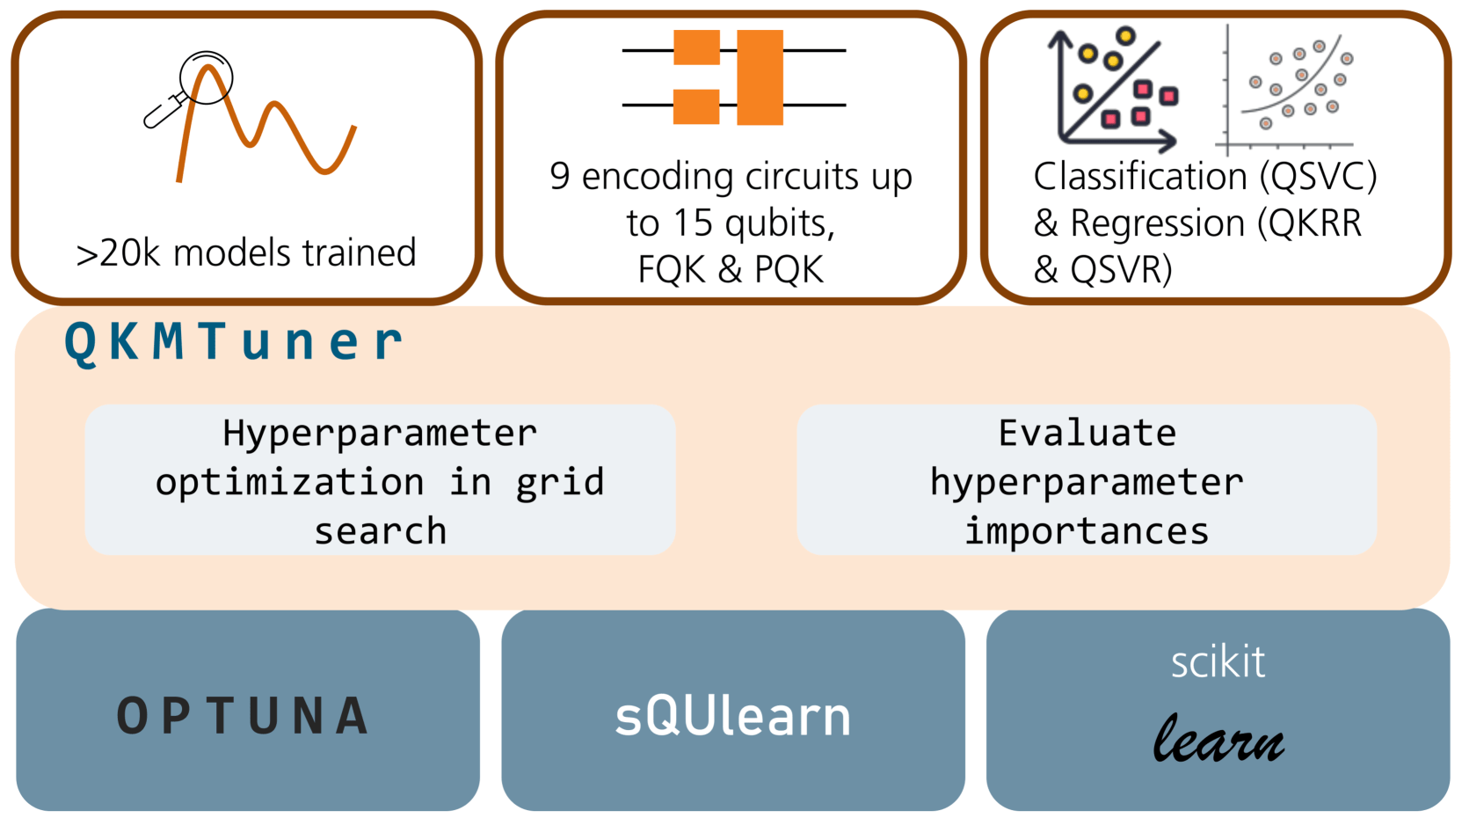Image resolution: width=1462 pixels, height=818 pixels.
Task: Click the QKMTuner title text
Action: (x=234, y=341)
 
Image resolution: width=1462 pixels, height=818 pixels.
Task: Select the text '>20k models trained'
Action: (x=246, y=253)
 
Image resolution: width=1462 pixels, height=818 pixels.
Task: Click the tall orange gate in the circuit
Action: (x=760, y=77)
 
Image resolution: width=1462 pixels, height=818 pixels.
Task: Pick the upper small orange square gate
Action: (x=696, y=47)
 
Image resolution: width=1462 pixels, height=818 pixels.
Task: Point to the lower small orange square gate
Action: (x=696, y=106)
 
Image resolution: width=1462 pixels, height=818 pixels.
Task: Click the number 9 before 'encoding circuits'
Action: (x=560, y=176)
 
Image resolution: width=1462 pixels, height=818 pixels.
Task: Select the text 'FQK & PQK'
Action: (x=731, y=269)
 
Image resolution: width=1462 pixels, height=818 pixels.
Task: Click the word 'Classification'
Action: (x=1140, y=176)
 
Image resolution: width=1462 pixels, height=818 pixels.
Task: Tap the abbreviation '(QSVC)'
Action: (x=1318, y=176)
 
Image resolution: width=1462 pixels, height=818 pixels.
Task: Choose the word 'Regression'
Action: (x=1158, y=223)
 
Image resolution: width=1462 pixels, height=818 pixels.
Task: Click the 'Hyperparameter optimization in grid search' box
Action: (x=380, y=480)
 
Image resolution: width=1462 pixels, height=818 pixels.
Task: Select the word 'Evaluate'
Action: (x=1087, y=433)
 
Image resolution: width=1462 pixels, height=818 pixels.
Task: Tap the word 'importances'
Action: (x=1087, y=531)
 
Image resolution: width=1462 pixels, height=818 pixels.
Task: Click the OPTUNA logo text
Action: (x=244, y=715)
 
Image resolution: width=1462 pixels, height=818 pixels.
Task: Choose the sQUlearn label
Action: (x=732, y=716)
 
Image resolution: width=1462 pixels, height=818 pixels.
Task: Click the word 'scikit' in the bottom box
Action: (x=1218, y=661)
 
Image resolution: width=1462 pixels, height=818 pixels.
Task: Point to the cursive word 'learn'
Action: (x=1218, y=739)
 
